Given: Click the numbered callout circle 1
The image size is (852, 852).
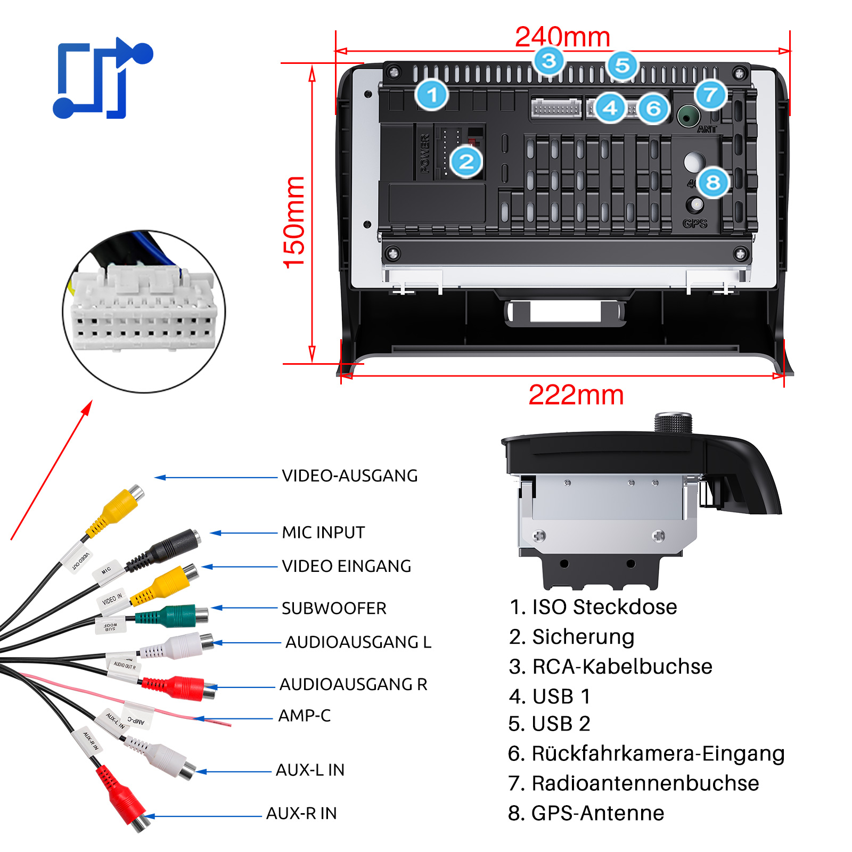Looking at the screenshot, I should pyautogui.click(x=432, y=95).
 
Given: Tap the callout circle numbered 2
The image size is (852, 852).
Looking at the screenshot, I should pyautogui.click(x=466, y=161).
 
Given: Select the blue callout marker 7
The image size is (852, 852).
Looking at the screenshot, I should pyautogui.click(x=711, y=95).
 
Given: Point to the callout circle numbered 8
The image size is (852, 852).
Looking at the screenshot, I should pyautogui.click(x=713, y=182).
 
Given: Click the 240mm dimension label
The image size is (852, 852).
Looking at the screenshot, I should pyautogui.click(x=562, y=37).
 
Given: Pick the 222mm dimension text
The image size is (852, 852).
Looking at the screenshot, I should pyautogui.click(x=576, y=395).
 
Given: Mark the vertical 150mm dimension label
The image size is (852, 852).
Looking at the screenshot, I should pyautogui.click(x=294, y=222).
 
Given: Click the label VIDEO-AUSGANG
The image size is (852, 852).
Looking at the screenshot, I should pyautogui.click(x=349, y=476).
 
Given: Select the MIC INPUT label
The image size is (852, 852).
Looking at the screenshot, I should pyautogui.click(x=323, y=532).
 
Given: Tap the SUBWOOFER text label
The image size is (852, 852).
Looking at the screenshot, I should pyautogui.click(x=334, y=608).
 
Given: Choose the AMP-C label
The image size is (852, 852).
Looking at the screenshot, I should pyautogui.click(x=305, y=716).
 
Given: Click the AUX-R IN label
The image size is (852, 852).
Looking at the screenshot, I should pyautogui.click(x=301, y=813).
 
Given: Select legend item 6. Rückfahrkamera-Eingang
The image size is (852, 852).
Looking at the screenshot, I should pyautogui.click(x=646, y=753).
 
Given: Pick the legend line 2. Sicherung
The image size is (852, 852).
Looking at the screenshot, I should pyautogui.click(x=571, y=637).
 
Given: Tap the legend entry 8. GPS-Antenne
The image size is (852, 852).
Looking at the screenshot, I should pyautogui.click(x=586, y=813).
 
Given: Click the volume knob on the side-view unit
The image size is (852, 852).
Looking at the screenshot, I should pyautogui.click(x=673, y=423).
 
